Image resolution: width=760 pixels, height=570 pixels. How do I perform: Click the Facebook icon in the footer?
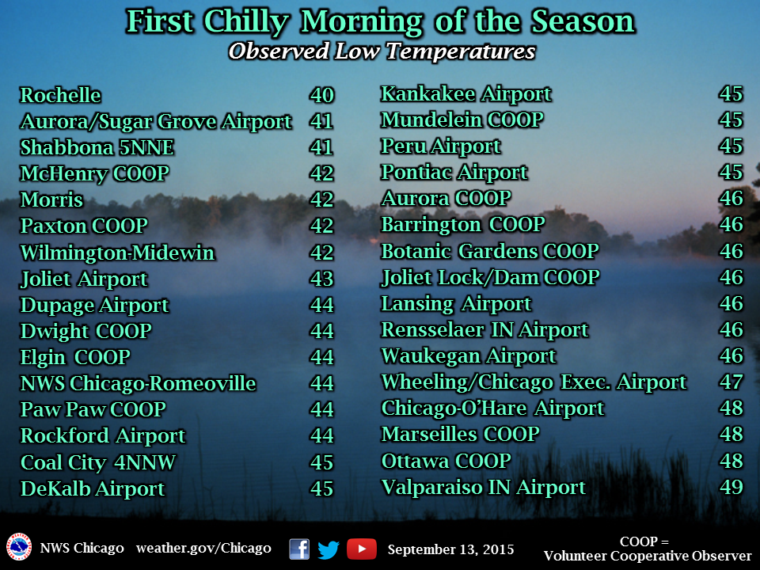[299, 549]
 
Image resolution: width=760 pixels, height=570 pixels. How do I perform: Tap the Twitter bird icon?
[328, 549]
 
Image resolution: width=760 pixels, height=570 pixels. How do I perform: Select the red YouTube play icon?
[362, 549]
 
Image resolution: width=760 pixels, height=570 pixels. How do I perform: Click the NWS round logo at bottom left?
[19, 547]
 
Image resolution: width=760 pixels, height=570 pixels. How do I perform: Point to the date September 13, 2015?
[450, 549]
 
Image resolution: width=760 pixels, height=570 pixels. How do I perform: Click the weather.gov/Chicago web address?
[203, 548]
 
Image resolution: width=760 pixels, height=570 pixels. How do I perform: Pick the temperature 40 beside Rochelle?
[322, 95]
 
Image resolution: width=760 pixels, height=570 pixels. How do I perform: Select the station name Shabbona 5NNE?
[97, 148]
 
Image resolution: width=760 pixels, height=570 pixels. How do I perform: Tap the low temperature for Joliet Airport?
[322, 279]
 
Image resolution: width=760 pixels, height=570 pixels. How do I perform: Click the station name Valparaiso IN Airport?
[483, 488]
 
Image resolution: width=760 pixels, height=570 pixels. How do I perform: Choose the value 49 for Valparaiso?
[731, 487]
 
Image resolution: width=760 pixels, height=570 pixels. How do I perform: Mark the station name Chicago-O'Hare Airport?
[493, 408]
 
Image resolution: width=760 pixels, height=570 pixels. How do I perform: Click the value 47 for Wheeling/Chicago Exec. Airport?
[731, 382]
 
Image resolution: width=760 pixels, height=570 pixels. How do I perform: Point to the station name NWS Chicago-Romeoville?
[138, 383]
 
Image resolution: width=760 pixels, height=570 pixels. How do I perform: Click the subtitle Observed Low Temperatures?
[382, 51]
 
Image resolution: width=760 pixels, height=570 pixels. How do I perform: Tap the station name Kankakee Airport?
[465, 94]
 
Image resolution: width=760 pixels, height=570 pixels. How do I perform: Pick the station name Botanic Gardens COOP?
[490, 251]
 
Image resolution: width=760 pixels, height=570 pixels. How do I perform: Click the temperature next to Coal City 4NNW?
[322, 462]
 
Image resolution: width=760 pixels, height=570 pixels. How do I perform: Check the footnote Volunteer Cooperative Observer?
[648, 556]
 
